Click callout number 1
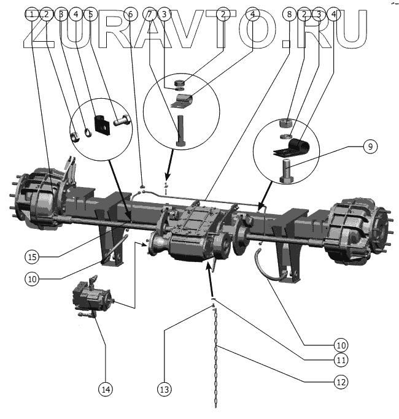[32, 13]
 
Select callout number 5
[91, 13]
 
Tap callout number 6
[131, 13]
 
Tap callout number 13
[165, 388]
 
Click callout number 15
[33, 255]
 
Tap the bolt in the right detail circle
[286, 169]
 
